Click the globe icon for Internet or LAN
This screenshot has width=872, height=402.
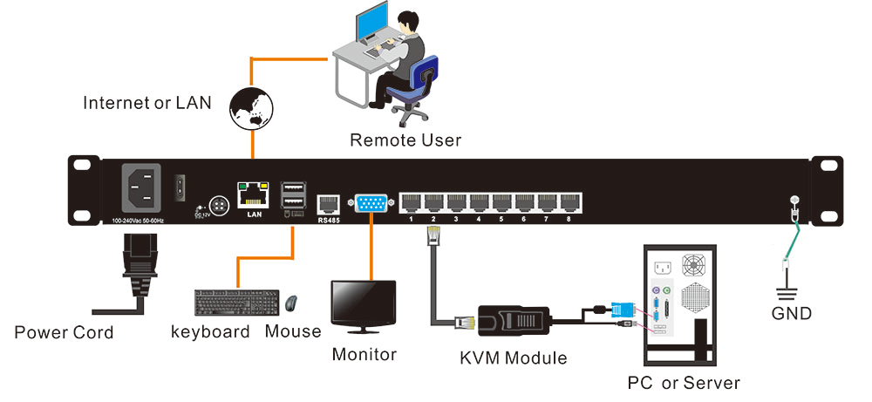(x=250, y=108)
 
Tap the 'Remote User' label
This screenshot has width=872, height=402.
(x=405, y=140)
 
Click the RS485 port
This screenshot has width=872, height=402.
(x=329, y=203)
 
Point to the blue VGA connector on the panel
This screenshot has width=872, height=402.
(x=370, y=203)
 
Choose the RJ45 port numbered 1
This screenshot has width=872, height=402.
(x=411, y=203)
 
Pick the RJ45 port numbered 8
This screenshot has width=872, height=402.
(x=569, y=203)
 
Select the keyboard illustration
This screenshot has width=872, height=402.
(x=237, y=303)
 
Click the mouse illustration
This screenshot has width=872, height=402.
(x=291, y=303)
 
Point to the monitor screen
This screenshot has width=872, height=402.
(x=363, y=302)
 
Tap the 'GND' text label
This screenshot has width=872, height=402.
(x=792, y=313)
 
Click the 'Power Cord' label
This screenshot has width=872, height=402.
(x=64, y=332)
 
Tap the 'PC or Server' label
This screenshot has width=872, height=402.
(x=684, y=383)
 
